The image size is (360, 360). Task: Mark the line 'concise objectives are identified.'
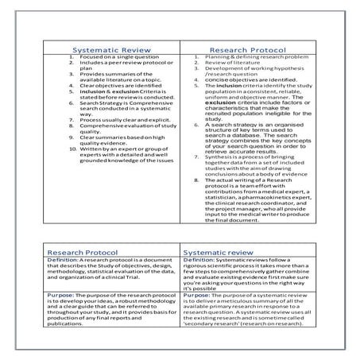244,79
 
